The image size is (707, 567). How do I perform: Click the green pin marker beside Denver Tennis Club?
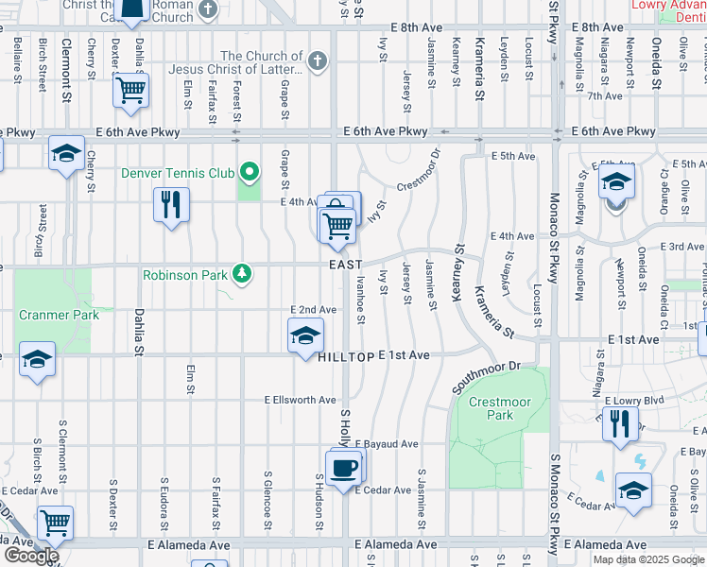(x=250, y=172)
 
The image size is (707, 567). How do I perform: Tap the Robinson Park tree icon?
(x=244, y=274)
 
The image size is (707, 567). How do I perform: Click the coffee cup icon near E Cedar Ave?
(x=343, y=468)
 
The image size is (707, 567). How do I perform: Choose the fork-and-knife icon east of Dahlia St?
(x=171, y=205)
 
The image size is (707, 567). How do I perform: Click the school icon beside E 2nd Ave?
(x=304, y=335)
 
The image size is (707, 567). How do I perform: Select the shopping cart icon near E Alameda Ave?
(x=55, y=523)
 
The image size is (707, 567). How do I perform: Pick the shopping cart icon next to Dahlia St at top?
(x=131, y=91)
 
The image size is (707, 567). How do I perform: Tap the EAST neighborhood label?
(x=346, y=266)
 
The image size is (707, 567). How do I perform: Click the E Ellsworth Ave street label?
(x=300, y=400)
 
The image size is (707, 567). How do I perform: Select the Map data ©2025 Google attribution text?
(x=648, y=558)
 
